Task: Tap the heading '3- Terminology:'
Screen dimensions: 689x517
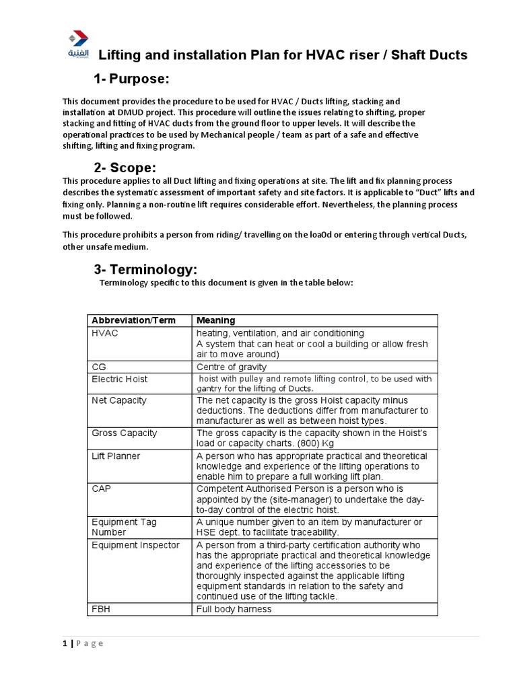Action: (145, 269)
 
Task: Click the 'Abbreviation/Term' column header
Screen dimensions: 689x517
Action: (133, 320)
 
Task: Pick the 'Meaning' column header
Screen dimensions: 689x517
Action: (215, 320)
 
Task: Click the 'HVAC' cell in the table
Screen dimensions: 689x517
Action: (105, 334)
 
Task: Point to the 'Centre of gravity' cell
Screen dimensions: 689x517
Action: (232, 367)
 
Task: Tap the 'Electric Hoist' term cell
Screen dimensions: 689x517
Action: (120, 379)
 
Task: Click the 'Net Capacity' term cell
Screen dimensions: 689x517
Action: (118, 400)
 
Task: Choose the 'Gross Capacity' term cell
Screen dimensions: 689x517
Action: (124, 433)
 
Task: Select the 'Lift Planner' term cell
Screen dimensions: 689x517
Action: (116, 456)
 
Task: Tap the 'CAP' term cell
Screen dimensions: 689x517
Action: (101, 488)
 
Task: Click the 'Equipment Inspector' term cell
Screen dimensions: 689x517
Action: (135, 544)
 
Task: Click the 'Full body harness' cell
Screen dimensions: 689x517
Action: (234, 609)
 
